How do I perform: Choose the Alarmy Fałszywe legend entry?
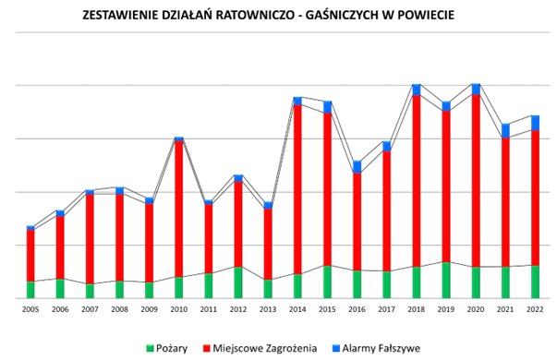[381, 348]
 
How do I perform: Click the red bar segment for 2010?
[179, 208]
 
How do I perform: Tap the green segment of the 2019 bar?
[447, 281]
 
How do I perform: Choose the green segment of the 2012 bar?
[238, 282]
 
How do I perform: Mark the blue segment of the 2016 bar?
[357, 166]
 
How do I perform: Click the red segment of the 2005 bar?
[30, 255]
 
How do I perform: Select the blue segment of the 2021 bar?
[506, 130]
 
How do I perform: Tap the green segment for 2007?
[91, 291]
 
